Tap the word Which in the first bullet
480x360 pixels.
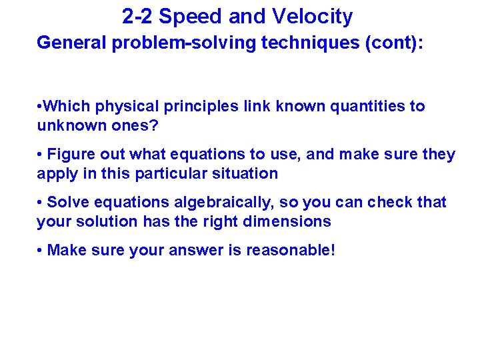tap(68, 107)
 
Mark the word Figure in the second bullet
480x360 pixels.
tap(71, 155)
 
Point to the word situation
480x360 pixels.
tap(247, 173)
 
